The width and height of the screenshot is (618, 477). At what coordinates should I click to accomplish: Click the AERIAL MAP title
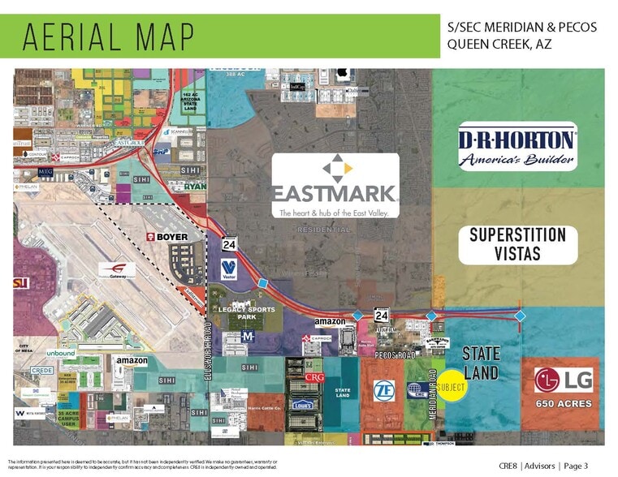pos(109,36)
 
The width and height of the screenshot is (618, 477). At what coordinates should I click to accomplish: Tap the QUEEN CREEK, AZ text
pos(499,44)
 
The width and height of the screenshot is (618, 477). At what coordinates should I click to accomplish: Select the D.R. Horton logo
pos(517,147)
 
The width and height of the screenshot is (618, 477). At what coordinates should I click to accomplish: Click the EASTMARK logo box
pos(336,186)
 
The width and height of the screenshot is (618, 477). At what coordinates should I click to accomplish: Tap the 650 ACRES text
pos(563,403)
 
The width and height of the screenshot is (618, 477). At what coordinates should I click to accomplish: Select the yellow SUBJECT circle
pos(451,388)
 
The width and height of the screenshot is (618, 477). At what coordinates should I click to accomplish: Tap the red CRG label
pos(314,378)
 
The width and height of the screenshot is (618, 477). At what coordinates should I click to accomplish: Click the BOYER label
pos(166,236)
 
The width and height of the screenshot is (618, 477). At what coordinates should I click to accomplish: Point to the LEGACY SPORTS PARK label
pos(246,313)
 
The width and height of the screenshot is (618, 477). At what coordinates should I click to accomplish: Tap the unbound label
pos(60,354)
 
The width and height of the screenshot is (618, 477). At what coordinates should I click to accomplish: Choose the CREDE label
pos(42,370)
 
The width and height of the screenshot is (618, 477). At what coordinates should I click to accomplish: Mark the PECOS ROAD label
pos(395,355)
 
